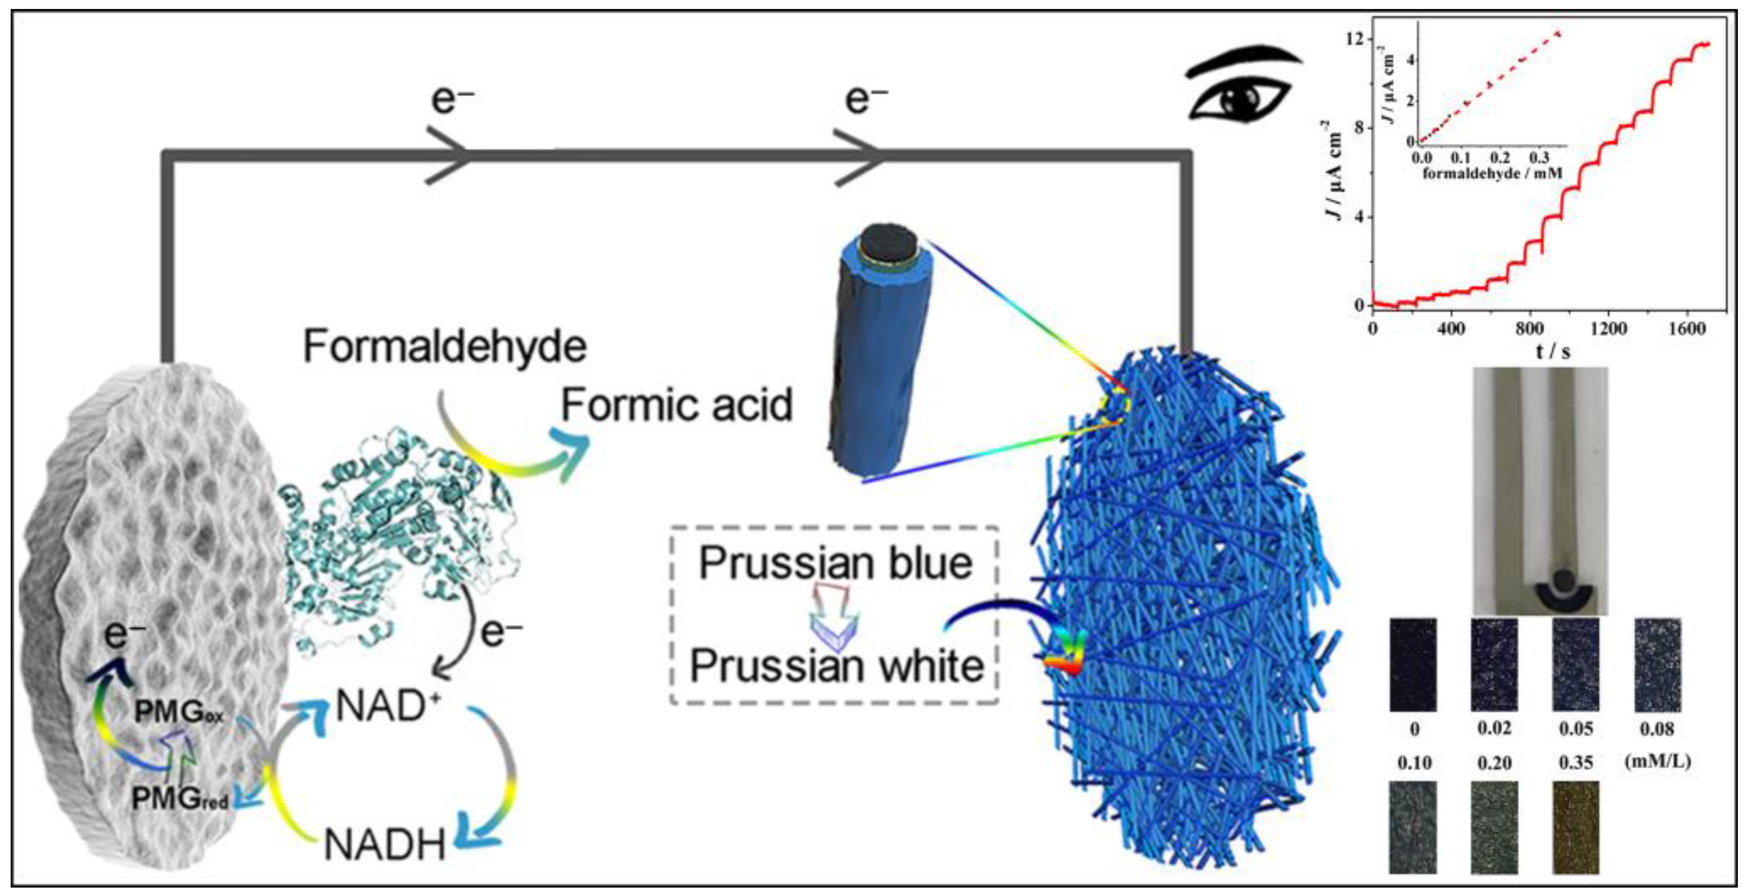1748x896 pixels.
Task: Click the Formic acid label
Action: (677, 405)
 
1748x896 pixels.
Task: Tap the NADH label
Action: (384, 845)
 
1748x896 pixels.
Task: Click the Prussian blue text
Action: (835, 564)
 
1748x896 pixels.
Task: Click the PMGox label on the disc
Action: (178, 712)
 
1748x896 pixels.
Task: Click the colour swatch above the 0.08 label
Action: (1657, 664)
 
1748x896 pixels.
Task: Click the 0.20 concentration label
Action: (1494, 763)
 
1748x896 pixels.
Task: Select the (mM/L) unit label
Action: (1657, 761)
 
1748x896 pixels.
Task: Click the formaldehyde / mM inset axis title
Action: (1492, 174)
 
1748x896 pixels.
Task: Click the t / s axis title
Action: (1553, 352)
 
